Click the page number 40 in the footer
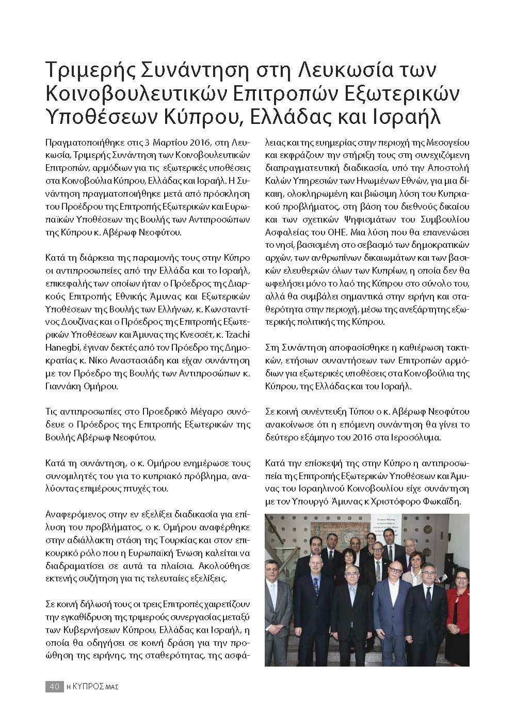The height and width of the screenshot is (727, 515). pyautogui.click(x=53, y=686)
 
